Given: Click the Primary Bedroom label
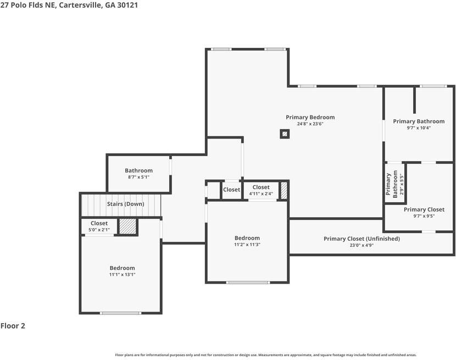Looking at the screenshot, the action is (x=310, y=117).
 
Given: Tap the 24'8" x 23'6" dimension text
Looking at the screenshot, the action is (x=310, y=124).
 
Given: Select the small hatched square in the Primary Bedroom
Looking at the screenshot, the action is (x=285, y=134).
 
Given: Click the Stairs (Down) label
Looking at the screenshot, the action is (x=126, y=204).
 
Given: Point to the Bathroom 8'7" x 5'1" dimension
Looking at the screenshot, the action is (x=138, y=177).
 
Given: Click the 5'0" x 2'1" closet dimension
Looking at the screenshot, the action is (x=99, y=230).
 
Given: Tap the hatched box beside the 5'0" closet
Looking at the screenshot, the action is (x=128, y=226).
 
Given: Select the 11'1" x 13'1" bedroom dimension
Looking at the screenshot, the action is (x=122, y=274).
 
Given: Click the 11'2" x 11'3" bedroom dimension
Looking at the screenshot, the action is (x=247, y=245).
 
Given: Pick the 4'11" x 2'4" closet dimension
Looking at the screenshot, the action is (x=261, y=194).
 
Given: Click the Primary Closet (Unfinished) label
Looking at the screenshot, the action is (x=362, y=239).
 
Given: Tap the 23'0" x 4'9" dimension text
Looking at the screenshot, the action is (x=362, y=245).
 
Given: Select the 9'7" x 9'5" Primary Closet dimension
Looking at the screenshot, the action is (x=424, y=216).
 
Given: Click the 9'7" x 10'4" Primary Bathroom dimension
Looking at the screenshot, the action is (x=419, y=128).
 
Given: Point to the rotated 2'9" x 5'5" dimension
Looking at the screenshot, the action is (x=402, y=184).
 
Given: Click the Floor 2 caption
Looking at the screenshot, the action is (x=13, y=326).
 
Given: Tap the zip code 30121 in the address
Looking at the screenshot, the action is (x=127, y=5).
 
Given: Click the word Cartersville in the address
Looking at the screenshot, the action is (x=81, y=5).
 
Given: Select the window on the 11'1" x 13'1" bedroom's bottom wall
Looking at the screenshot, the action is (x=121, y=313).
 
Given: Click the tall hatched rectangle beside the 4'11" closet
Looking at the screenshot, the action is (x=284, y=190).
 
